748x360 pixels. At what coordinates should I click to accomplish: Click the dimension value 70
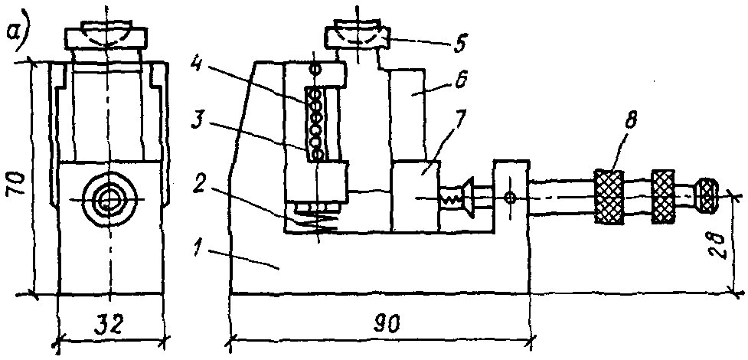click(x=21, y=184)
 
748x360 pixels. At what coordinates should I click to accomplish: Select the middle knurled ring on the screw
click(x=662, y=198)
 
